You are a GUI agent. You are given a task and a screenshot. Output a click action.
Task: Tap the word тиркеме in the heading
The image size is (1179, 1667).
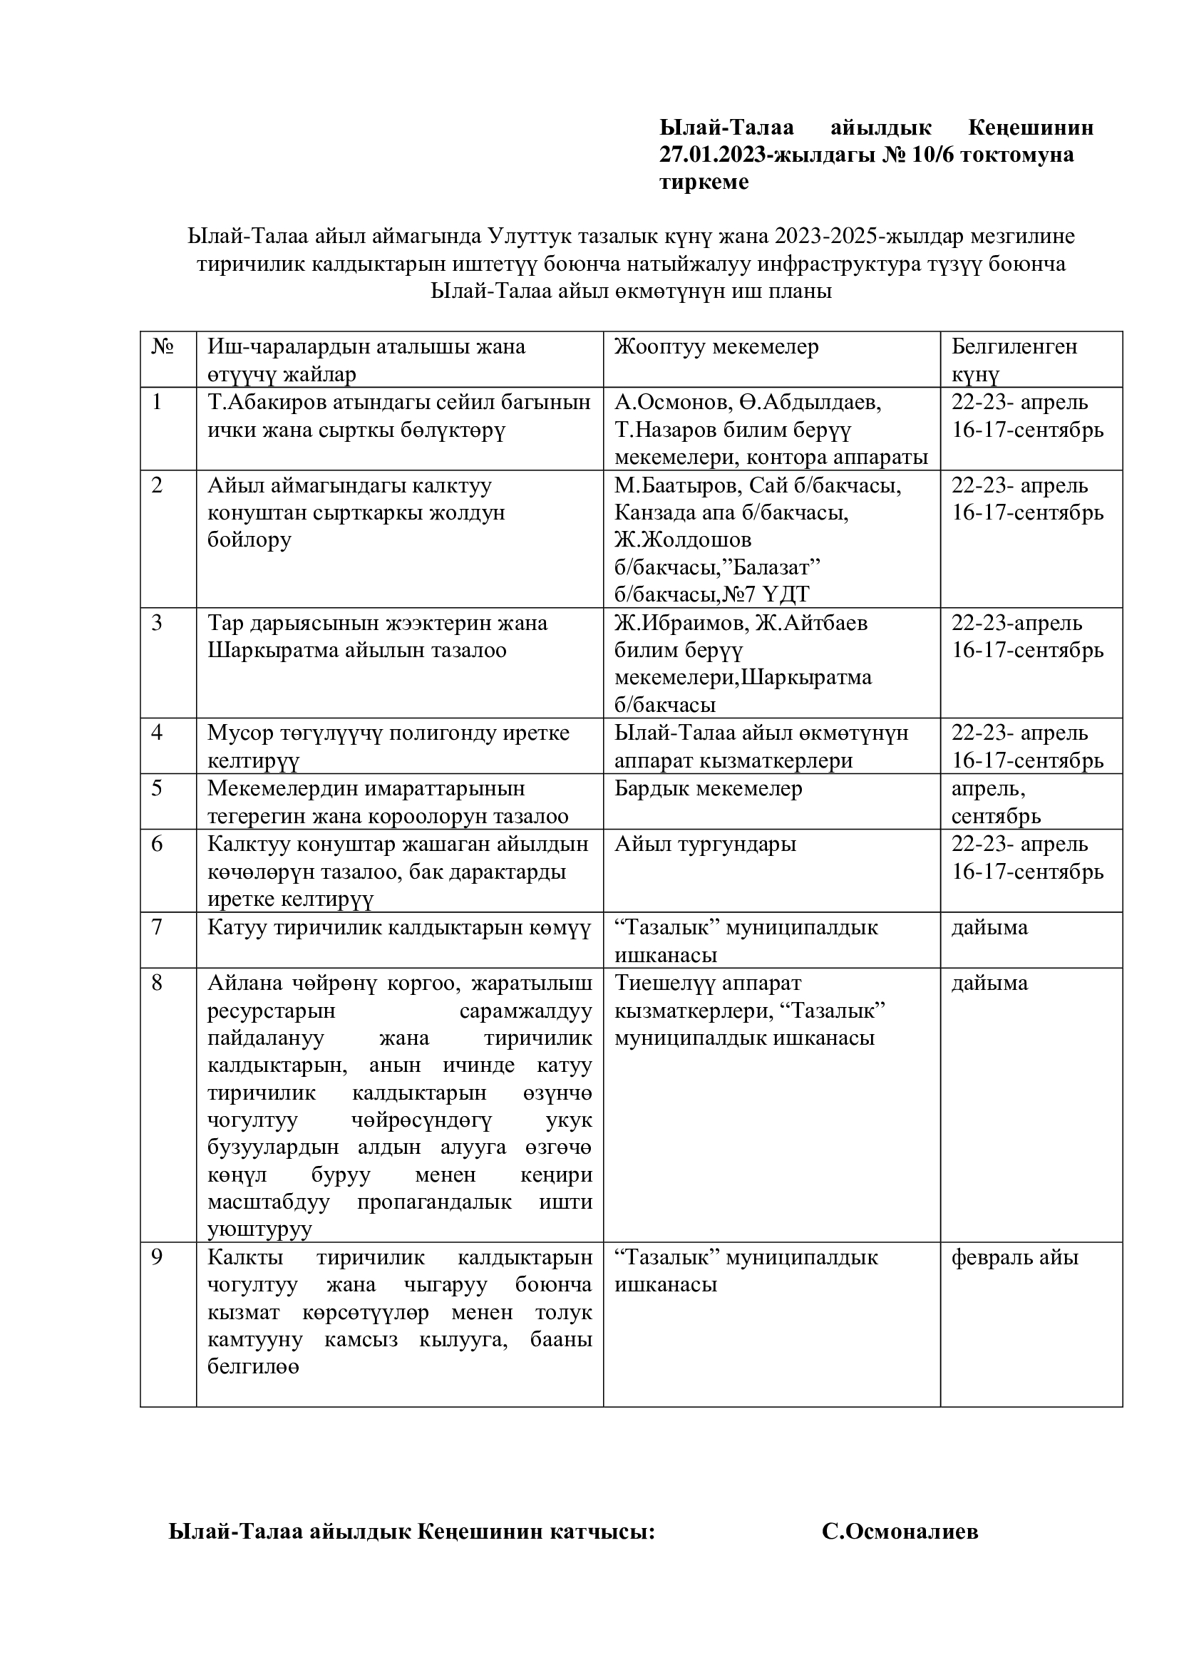click(x=704, y=182)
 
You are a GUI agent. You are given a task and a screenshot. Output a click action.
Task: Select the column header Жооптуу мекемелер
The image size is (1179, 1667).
click(x=716, y=347)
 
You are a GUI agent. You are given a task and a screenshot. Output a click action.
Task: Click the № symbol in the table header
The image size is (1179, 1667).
click(x=163, y=347)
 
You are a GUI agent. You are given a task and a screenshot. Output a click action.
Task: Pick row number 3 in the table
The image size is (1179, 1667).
click(x=157, y=624)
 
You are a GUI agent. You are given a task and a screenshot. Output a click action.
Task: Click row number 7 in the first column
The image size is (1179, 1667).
click(x=157, y=928)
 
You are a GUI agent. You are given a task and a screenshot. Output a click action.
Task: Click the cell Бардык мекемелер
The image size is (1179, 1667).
click(x=708, y=789)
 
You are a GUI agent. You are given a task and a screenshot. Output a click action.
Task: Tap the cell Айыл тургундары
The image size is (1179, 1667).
click(x=705, y=845)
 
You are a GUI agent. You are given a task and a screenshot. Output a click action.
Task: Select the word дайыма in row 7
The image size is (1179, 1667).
click(x=989, y=928)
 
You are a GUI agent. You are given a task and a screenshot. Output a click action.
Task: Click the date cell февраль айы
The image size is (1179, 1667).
click(x=1014, y=1257)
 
